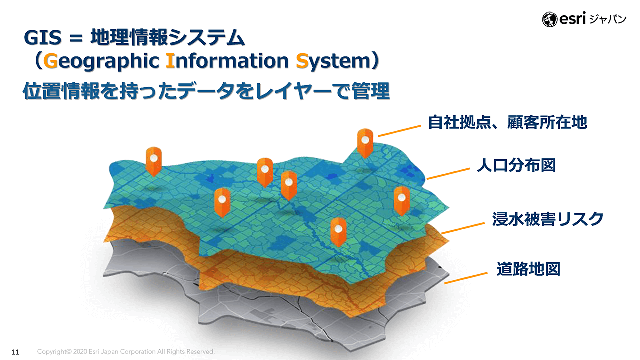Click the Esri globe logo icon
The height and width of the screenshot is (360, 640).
(549, 19)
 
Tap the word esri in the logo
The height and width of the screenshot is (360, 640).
(572, 18)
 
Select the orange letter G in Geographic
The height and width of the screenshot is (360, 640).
(50, 61)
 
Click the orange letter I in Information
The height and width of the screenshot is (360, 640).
(170, 61)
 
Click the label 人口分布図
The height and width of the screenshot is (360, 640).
(516, 165)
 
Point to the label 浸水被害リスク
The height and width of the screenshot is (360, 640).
(547, 219)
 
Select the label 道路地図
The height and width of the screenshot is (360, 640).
(528, 269)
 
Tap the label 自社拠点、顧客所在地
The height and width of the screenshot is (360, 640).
(507, 122)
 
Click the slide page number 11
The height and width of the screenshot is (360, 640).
(15, 352)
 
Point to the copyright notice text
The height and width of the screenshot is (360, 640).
(126, 351)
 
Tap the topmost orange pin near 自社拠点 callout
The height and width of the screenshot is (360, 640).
(365, 143)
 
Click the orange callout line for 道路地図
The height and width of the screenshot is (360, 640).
(466, 278)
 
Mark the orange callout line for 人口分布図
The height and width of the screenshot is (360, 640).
(448, 174)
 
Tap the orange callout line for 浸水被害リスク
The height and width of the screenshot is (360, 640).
(463, 228)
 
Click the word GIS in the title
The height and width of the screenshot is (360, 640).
(43, 37)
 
